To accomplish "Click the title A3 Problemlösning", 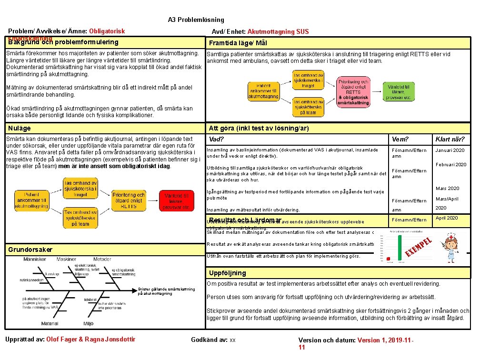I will point(196,20).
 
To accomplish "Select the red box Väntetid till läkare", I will point(177,201).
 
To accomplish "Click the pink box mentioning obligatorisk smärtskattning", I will point(353,91).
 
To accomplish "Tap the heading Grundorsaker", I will point(30,250).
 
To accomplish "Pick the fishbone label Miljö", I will point(89,324).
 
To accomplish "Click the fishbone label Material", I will point(50,324).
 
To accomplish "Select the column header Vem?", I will point(400,139).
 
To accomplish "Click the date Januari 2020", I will point(450,150).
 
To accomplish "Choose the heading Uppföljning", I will point(228,273).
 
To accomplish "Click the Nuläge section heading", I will point(20,128).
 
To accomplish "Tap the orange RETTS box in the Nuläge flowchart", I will point(129,200).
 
